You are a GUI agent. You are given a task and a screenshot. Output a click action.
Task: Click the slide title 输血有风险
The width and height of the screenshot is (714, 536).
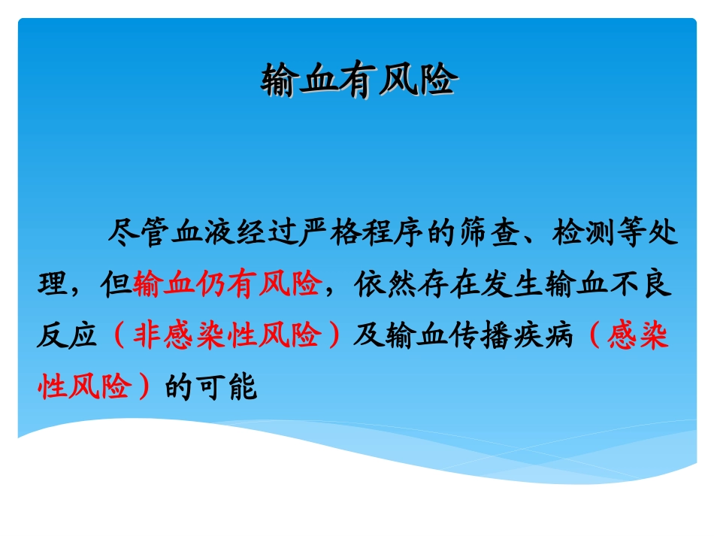point(359,80)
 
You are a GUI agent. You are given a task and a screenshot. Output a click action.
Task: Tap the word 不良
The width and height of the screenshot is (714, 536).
point(646,285)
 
